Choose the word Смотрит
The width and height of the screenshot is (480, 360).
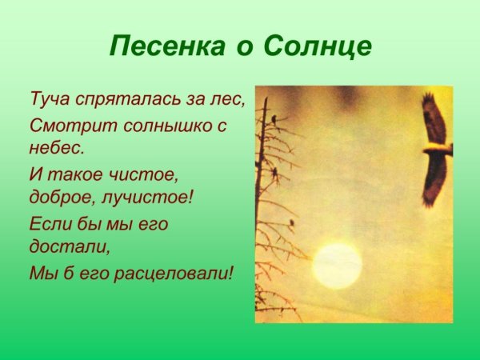[x=63, y=125]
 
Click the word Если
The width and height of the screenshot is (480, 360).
[x=49, y=222]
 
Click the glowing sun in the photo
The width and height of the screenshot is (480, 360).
[x=337, y=266]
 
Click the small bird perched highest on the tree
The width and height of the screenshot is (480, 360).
[x=274, y=119]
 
